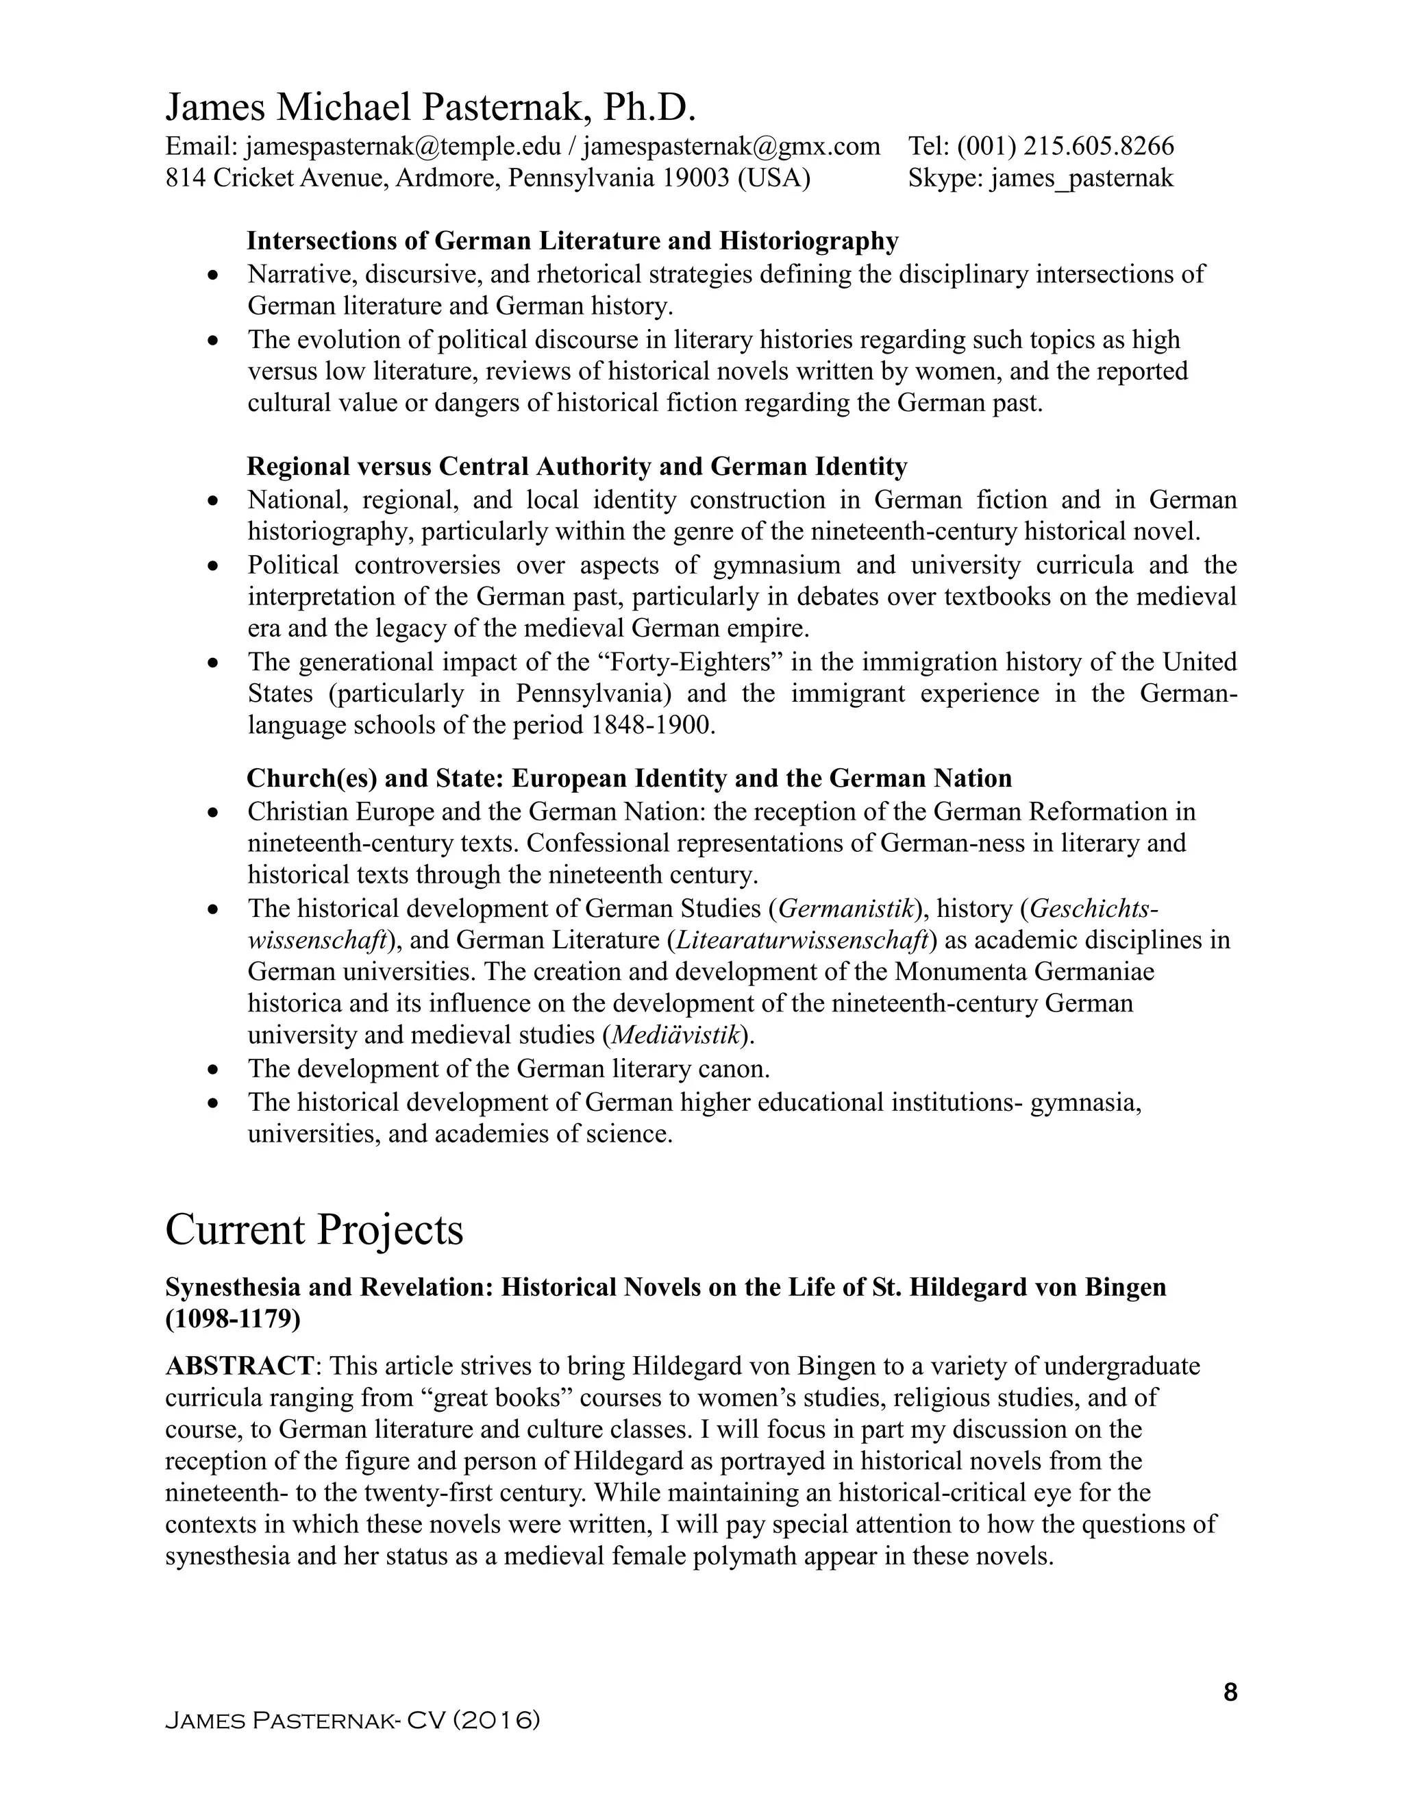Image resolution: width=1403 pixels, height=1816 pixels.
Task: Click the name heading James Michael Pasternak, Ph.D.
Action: point(430,108)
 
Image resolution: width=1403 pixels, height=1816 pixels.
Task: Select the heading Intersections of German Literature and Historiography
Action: point(572,241)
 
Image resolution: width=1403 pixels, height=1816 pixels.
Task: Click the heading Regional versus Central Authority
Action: point(576,467)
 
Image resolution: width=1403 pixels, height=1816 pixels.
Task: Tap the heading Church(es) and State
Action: point(628,779)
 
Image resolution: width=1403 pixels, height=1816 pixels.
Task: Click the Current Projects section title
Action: point(314,1230)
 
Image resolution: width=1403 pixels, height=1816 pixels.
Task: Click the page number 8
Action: point(1230,1693)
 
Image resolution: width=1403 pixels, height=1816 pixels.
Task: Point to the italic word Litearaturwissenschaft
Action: point(802,940)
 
